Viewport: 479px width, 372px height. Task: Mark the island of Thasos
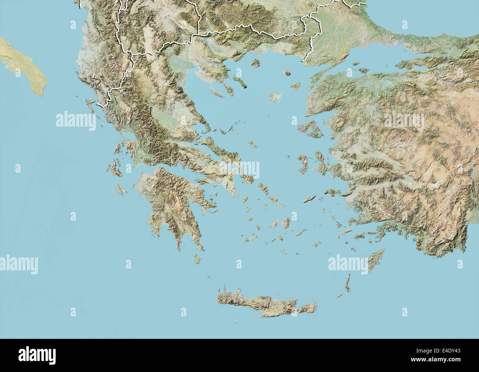pos(255,63)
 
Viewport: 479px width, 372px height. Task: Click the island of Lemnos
pos(276,98)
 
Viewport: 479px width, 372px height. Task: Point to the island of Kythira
pos(197,259)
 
